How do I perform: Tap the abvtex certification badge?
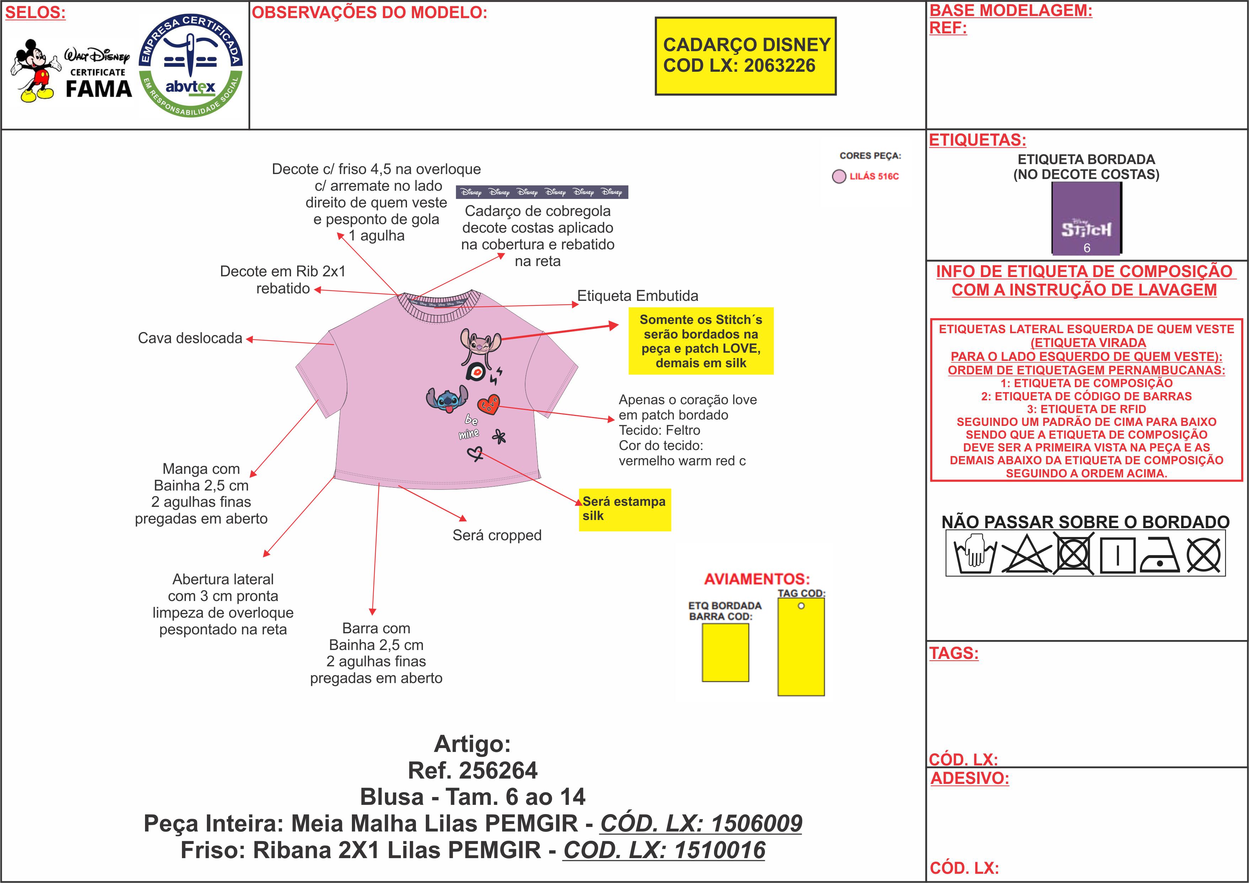pyautogui.click(x=191, y=65)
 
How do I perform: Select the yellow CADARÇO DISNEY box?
pyautogui.click(x=745, y=56)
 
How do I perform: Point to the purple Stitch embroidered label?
pyautogui.click(x=1086, y=218)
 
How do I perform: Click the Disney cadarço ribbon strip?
pyautogui.click(x=542, y=192)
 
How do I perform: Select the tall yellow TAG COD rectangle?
pyautogui.click(x=801, y=646)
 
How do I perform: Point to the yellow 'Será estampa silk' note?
pyautogui.click(x=624, y=509)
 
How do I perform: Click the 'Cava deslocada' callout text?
pyautogui.click(x=190, y=338)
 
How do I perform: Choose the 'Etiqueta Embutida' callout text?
pyautogui.click(x=638, y=296)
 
